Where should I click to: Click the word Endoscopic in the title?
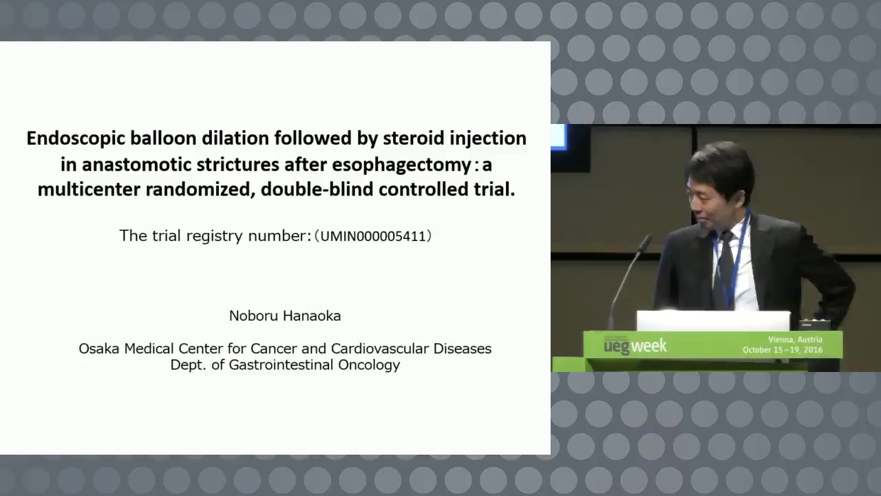click(76, 139)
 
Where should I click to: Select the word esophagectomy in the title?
click(401, 165)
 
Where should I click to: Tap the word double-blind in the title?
click(317, 189)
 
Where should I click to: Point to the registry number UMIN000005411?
click(373, 236)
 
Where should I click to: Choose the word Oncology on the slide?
click(369, 365)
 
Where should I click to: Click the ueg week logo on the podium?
click(635, 346)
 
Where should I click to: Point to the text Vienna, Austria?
click(795, 340)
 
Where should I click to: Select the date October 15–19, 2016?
click(783, 350)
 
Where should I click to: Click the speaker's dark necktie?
click(726, 268)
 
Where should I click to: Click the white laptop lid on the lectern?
click(714, 321)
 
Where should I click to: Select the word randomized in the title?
click(198, 189)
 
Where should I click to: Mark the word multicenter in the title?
click(89, 189)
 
